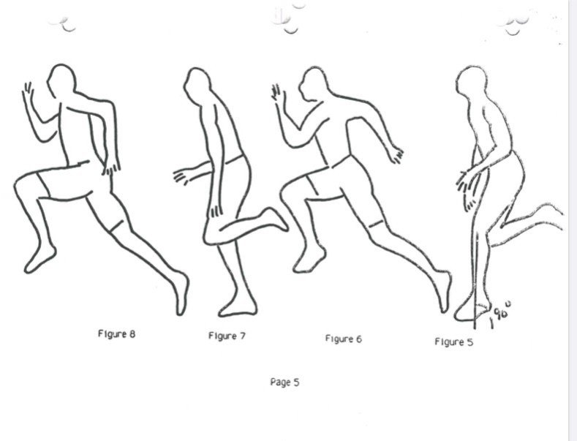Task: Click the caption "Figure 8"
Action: tap(116, 334)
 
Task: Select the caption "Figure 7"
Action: tap(227, 336)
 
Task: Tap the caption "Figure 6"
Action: tap(343, 339)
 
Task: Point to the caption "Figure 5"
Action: tap(453, 342)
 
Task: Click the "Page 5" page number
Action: tap(284, 382)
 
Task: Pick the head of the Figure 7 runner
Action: tap(197, 86)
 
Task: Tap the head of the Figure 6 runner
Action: tap(313, 83)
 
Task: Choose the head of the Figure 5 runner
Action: tap(471, 84)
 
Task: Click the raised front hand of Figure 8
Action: tap(28, 92)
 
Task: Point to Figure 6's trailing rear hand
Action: tap(396, 154)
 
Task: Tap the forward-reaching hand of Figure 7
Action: tap(181, 176)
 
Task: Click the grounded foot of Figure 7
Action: tap(238, 306)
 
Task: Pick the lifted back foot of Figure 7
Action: tap(275, 219)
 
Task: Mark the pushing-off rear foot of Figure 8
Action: tap(181, 293)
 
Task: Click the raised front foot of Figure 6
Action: tap(309, 259)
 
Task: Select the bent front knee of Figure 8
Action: tap(23, 184)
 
